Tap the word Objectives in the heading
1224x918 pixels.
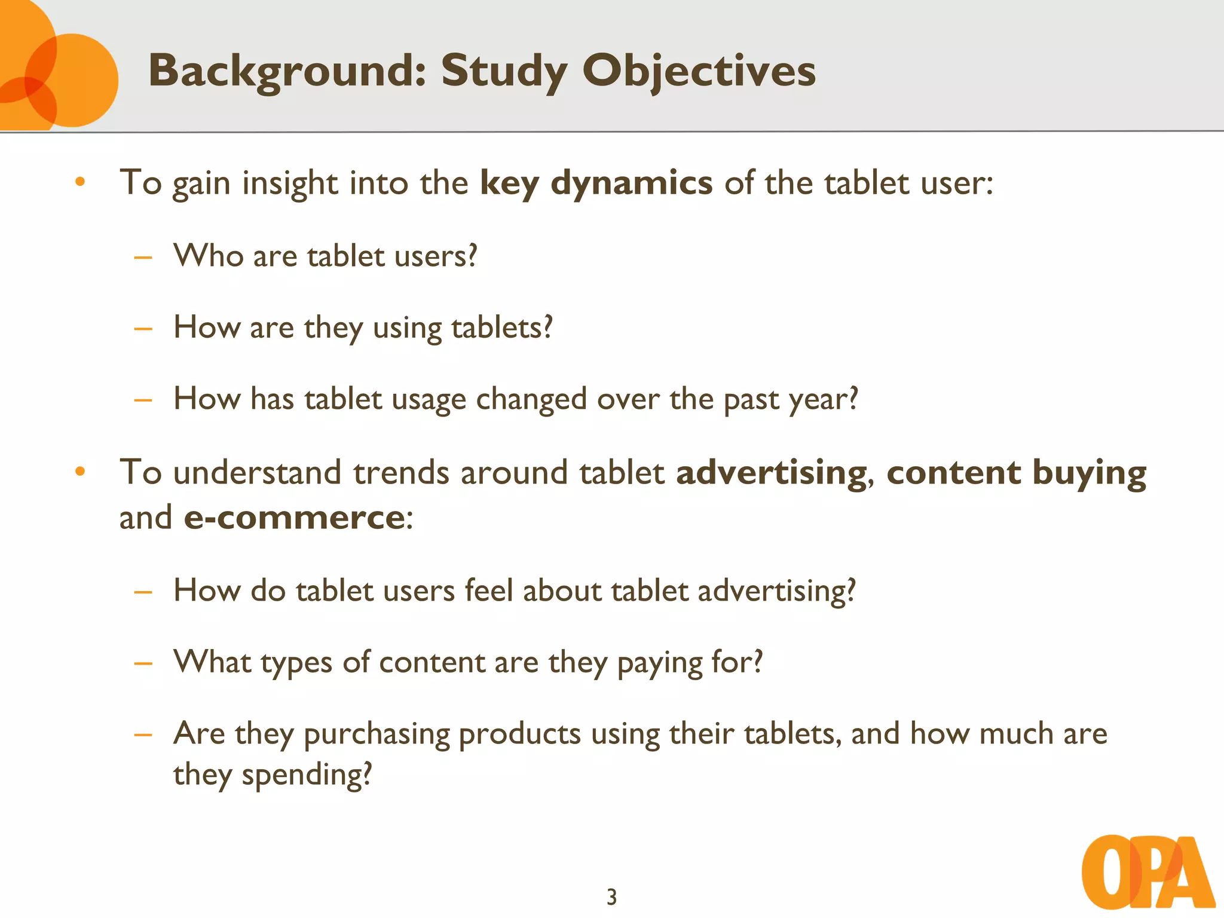coord(699,71)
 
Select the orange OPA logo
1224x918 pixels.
coord(1147,872)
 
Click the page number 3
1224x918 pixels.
coord(611,897)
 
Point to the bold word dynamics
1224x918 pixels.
coord(631,183)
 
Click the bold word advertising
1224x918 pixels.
coord(771,473)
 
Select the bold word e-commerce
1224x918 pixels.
coord(295,518)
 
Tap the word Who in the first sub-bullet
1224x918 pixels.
coord(209,256)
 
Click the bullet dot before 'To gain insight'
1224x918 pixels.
coord(80,182)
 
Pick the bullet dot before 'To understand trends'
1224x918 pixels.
coord(80,472)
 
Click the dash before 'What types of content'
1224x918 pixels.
coord(143,663)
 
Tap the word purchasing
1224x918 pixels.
coord(377,735)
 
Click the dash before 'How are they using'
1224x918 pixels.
coord(143,328)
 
